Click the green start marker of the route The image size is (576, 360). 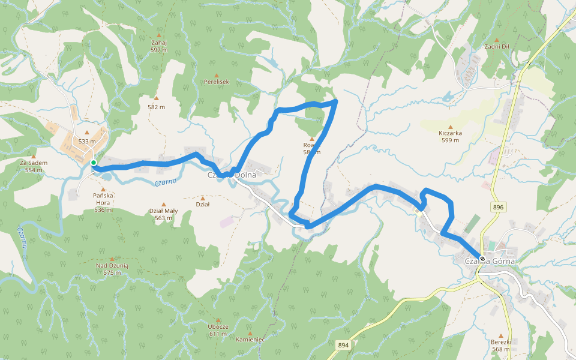[x=94, y=163]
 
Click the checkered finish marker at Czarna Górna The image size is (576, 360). [x=482, y=259]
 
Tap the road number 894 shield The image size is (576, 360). [x=343, y=345]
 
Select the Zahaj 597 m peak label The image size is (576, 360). [x=159, y=46]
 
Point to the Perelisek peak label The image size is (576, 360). [x=217, y=81]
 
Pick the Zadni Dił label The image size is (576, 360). [x=497, y=47]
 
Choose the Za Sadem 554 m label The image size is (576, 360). [x=34, y=166]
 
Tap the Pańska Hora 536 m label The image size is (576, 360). [x=103, y=202]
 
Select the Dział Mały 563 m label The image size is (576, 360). [x=163, y=214]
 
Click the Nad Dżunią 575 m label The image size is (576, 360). [x=112, y=268]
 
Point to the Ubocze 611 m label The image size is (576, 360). [x=218, y=330]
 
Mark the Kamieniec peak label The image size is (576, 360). [x=250, y=339]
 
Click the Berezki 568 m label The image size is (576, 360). [x=500, y=346]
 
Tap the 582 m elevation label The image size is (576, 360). [x=156, y=107]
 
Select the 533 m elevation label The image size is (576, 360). [x=87, y=142]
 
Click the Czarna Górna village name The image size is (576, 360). [x=490, y=262]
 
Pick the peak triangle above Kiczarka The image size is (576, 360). [x=450, y=127]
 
